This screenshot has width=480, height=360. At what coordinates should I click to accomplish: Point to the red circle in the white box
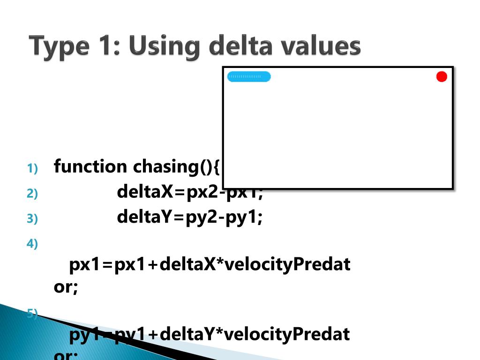442,76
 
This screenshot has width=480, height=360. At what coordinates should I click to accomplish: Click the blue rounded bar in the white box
249,76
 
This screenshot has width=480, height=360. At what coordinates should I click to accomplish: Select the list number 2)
32,193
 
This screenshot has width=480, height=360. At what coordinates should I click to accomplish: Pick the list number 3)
32,218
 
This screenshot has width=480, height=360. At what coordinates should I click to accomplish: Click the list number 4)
32,244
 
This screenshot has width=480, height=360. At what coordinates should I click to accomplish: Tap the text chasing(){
176,166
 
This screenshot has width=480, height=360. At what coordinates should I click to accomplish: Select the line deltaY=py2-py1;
190,217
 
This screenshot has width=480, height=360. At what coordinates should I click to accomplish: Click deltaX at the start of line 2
144,192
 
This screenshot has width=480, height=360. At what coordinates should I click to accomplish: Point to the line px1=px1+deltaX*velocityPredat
210,265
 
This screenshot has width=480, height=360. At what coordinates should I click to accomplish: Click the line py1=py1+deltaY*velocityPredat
210,335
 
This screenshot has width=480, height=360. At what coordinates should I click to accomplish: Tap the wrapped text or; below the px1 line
66,287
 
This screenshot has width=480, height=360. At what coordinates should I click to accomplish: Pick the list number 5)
32,314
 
